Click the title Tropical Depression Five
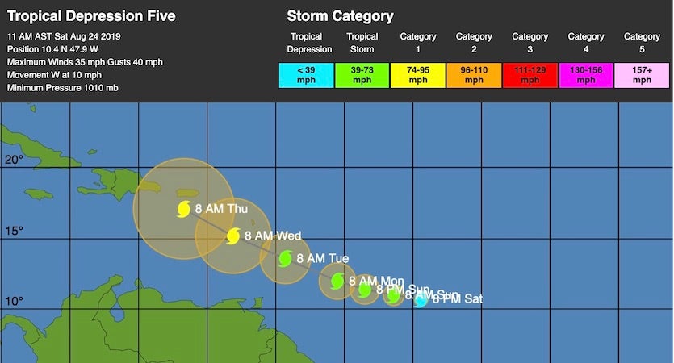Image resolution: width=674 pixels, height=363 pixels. [x=90, y=16]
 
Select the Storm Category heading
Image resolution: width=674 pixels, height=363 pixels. [x=340, y=16]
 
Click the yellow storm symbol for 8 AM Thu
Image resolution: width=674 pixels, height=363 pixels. [x=184, y=209]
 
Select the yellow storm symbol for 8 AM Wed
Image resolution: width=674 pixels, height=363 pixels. [x=233, y=236]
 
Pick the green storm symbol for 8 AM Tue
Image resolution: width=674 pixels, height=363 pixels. [x=286, y=258]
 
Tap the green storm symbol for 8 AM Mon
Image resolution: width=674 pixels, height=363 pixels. [x=337, y=281]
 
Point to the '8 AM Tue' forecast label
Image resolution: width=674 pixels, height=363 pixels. [x=323, y=258]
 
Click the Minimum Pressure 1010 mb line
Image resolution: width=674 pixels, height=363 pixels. [x=63, y=87]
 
